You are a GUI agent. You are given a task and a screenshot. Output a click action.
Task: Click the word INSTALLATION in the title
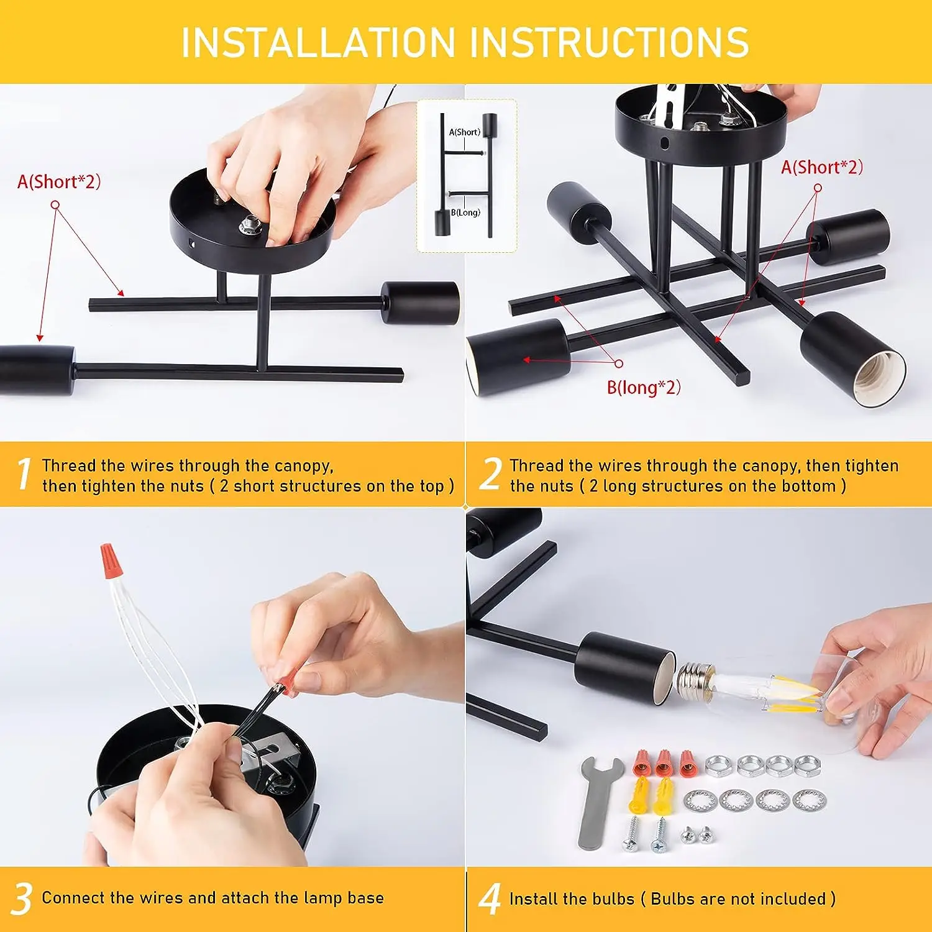(x=319, y=42)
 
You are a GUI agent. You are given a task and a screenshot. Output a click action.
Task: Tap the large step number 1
(x=24, y=474)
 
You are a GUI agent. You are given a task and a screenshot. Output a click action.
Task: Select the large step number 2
(x=491, y=474)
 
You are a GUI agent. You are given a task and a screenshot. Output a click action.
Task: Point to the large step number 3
(x=22, y=899)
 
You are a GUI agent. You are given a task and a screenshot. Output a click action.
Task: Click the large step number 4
(x=490, y=899)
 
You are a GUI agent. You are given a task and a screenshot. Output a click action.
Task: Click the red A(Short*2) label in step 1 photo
(x=59, y=181)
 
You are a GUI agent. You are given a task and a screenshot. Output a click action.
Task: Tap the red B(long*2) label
(x=644, y=387)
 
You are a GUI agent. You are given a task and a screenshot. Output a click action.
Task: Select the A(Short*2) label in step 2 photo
(x=822, y=167)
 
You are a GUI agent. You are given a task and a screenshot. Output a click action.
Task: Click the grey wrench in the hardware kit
(x=597, y=802)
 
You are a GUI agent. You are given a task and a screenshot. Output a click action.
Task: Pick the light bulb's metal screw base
(x=695, y=680)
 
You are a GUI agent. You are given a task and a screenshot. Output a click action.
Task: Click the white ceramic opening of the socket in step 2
(x=882, y=379)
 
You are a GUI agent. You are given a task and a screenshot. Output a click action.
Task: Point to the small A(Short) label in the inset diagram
(x=465, y=132)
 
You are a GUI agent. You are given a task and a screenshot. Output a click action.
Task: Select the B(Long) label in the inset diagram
(x=465, y=212)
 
